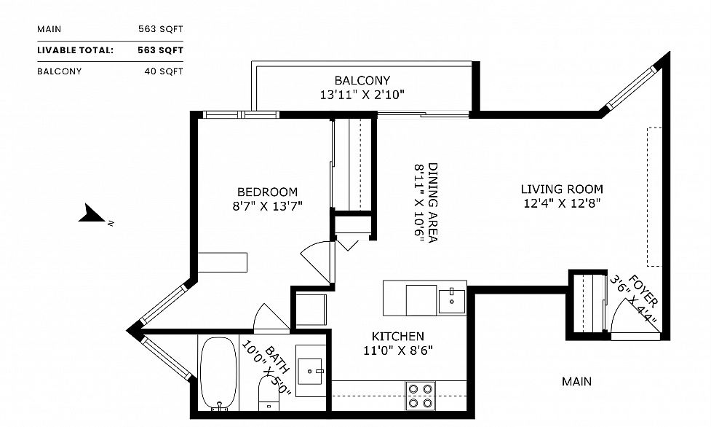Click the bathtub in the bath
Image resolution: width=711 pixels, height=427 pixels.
coord(218,372)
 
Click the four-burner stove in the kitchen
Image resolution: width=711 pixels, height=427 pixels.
coord(420,395)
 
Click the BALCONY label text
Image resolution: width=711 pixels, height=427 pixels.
coord(362,80)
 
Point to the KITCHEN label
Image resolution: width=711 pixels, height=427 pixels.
coord(397,337)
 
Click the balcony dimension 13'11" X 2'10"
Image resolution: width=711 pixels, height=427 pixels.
coord(362,94)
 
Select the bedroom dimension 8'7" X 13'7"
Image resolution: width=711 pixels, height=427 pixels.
coord(262,206)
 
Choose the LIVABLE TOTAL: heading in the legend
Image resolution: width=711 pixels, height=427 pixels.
coord(76,50)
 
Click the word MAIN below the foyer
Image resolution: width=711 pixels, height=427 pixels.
coord(576,381)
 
